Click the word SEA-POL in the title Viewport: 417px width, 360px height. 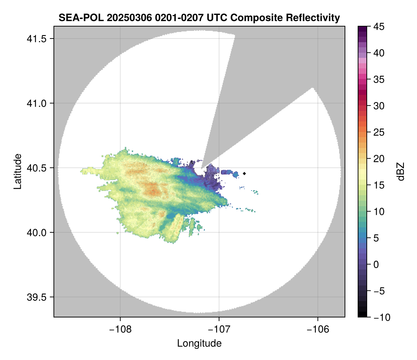[75, 17]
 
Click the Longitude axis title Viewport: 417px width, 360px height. [199, 343]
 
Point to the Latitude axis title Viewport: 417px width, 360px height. [17, 171]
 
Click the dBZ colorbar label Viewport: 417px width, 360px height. [401, 171]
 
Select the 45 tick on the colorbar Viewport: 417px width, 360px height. [378, 27]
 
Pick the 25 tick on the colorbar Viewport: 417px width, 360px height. [378, 132]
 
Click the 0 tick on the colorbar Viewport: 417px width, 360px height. [376, 264]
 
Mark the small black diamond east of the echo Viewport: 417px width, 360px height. [245, 173]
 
